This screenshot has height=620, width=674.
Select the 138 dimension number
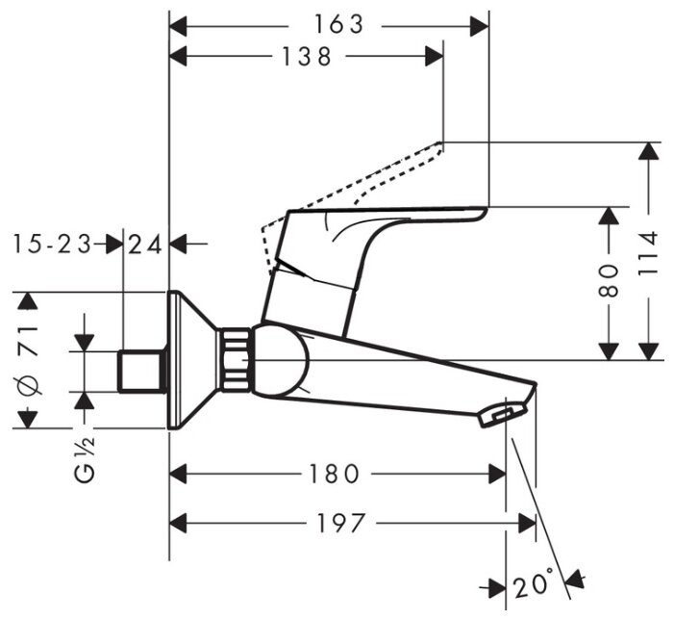307,57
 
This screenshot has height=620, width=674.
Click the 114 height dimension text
653,253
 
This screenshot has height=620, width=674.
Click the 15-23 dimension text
54,245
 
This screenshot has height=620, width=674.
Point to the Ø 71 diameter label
29,361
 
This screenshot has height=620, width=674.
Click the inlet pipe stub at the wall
141,372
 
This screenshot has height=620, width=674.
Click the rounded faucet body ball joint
281,364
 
